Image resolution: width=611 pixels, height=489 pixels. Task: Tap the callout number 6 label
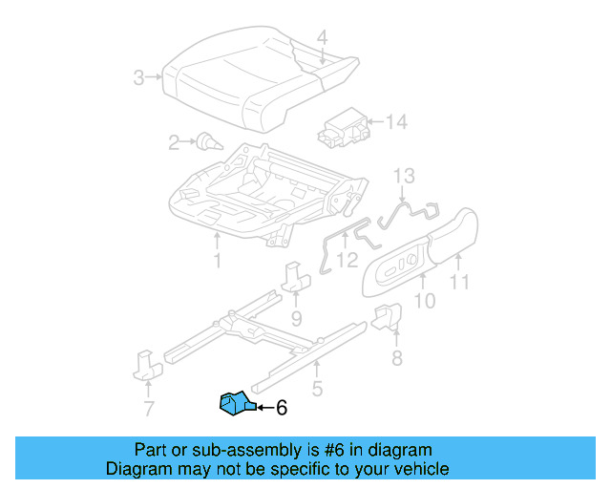281,408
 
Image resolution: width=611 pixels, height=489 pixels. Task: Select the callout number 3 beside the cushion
139,77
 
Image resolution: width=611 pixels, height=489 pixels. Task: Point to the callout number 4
322,38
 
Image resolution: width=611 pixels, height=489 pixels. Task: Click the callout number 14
396,121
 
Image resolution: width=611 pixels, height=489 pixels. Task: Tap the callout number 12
347,259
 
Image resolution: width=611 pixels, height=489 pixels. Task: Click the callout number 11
460,281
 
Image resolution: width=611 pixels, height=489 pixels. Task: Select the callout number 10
424,301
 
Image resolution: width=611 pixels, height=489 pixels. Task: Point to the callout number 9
296,317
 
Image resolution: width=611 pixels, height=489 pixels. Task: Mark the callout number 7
148,410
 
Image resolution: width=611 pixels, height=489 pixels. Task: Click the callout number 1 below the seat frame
217,260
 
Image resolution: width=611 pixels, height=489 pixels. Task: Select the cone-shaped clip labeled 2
208,143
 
